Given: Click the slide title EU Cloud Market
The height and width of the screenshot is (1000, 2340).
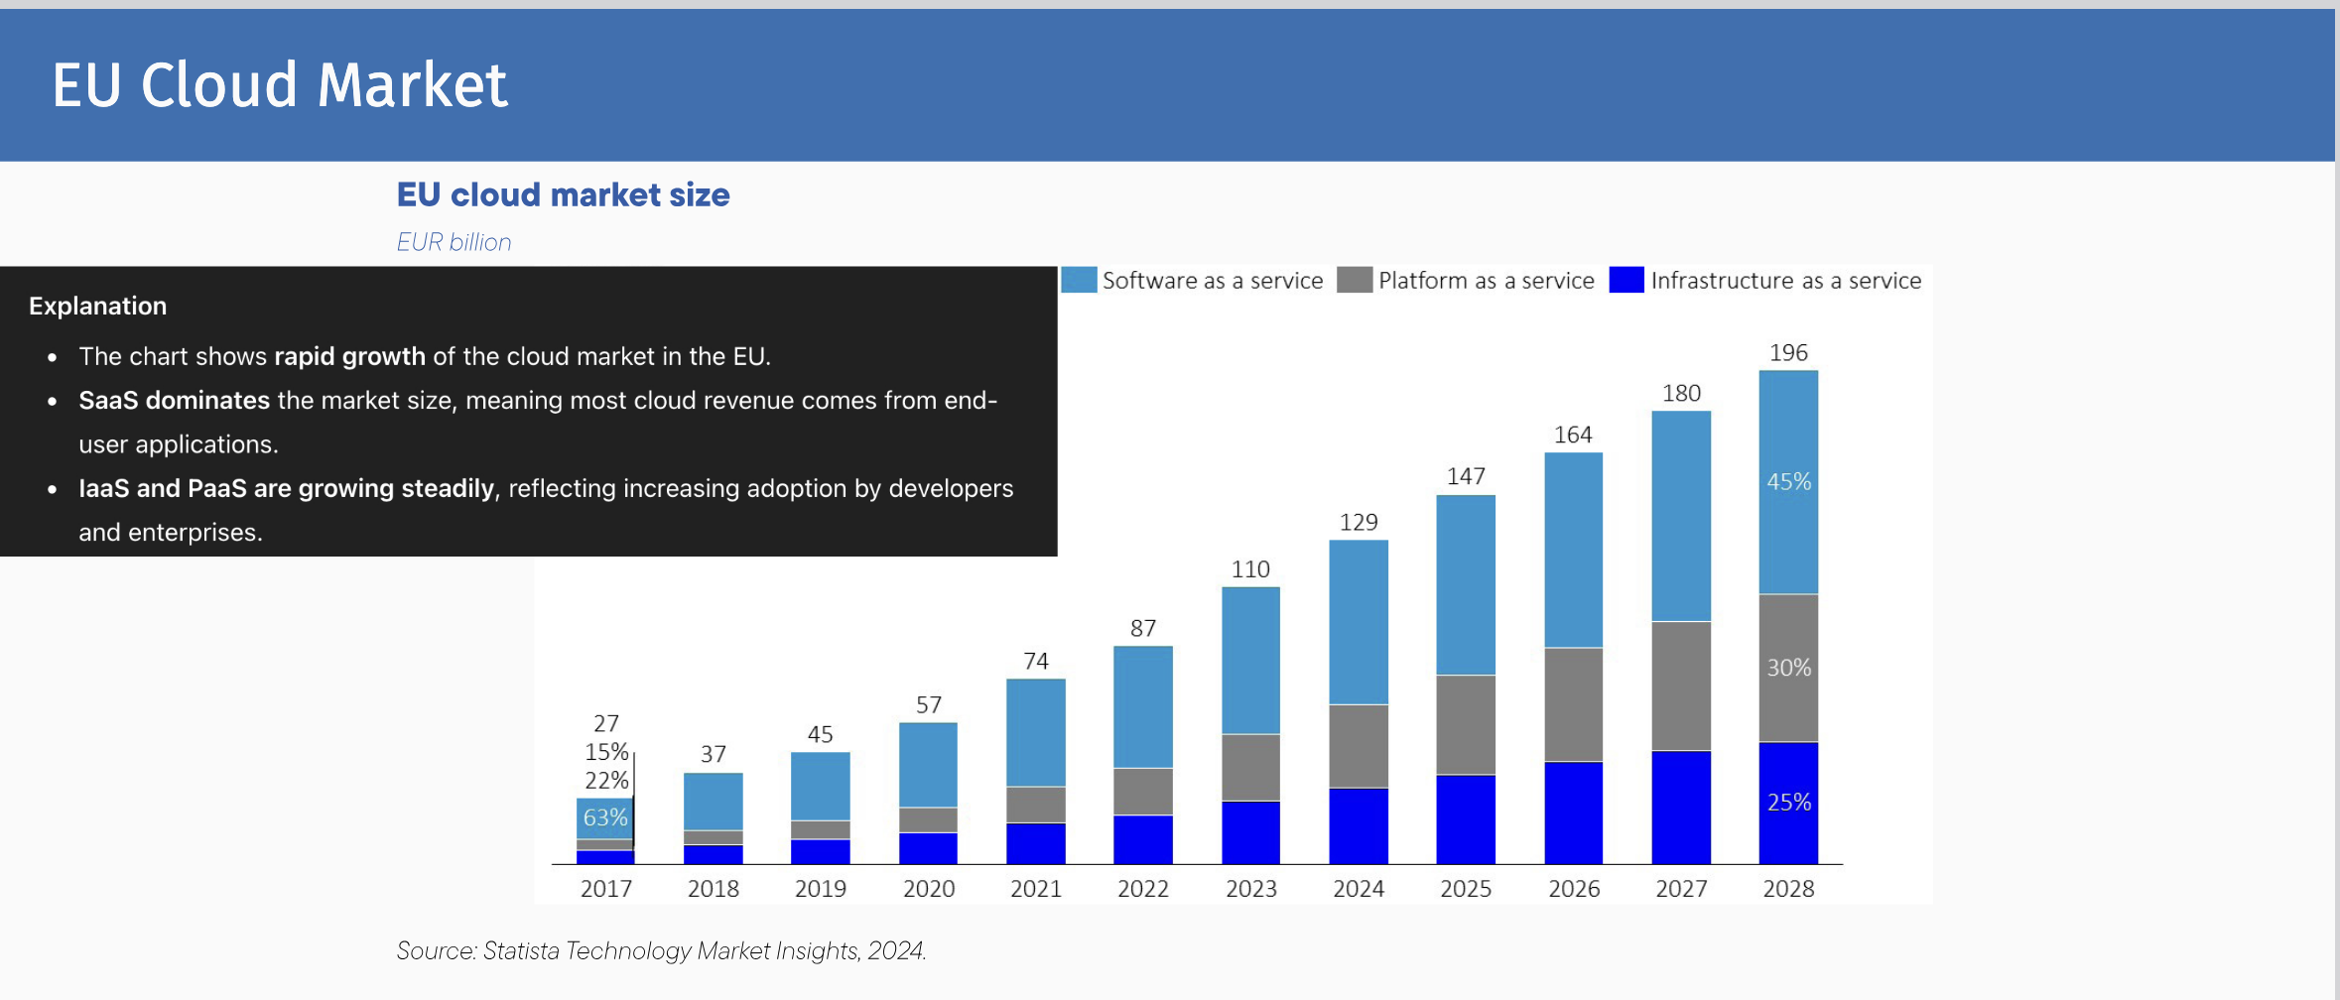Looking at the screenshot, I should click(x=280, y=85).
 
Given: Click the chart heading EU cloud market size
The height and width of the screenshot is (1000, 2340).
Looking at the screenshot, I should click(x=563, y=195).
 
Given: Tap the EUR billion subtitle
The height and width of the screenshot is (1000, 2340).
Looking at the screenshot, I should click(x=454, y=243).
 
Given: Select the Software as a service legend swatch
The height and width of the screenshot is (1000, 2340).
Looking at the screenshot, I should click(x=1079, y=280).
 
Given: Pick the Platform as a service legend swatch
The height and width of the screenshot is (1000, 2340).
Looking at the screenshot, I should click(x=1354, y=280).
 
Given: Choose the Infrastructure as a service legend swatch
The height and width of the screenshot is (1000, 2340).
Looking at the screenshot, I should click(x=1625, y=280).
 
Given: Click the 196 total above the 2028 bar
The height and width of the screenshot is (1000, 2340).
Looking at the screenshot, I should click(x=1788, y=353).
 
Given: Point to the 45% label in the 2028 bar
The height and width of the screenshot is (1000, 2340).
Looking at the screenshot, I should click(x=1788, y=482).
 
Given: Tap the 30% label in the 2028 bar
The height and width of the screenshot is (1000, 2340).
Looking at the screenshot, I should click(x=1788, y=668).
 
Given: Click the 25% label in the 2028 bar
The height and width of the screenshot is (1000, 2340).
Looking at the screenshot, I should click(x=1788, y=802).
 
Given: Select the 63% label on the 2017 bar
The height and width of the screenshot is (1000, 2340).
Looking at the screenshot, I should click(x=605, y=817).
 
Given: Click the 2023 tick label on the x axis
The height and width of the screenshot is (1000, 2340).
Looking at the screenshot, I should click(x=1250, y=889).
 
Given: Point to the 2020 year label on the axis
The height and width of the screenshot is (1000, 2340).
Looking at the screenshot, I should click(x=928, y=889).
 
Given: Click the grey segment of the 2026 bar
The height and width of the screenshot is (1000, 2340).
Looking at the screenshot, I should click(x=1573, y=704).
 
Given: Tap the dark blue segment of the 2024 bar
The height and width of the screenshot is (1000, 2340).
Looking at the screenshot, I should click(x=1358, y=825).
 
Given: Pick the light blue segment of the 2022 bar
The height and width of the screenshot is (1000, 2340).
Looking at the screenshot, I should click(x=1142, y=706).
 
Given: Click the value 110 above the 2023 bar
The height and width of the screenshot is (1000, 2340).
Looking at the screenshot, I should click(x=1250, y=569).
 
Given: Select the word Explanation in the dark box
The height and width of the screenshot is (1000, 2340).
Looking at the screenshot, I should click(x=97, y=307).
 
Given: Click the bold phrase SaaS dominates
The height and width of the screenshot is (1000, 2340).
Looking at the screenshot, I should click(x=174, y=401).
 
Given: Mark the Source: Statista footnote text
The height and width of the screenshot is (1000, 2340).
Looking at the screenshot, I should click(x=661, y=951).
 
